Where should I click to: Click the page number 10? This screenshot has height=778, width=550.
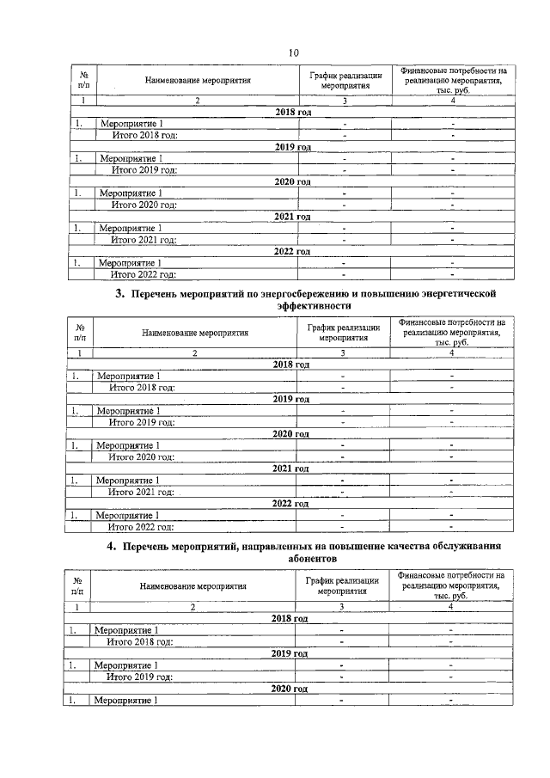[x=293, y=52]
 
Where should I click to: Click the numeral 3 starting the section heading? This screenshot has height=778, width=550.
[x=120, y=295]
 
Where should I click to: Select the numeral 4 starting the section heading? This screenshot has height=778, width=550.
[x=111, y=546]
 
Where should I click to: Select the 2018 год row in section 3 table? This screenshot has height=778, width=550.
[x=291, y=364]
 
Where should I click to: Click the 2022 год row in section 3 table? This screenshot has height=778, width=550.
[x=290, y=504]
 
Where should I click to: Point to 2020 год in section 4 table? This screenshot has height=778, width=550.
[x=290, y=689]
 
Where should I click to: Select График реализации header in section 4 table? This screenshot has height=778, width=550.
[x=342, y=586]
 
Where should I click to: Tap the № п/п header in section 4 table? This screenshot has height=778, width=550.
[x=77, y=586]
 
